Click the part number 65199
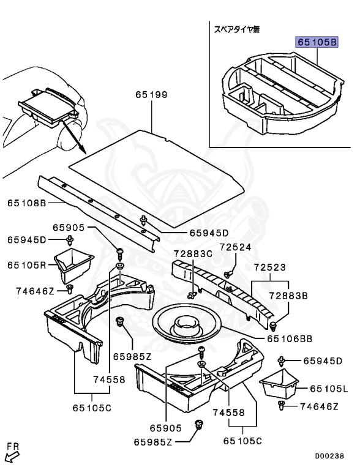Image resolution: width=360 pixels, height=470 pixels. coord(151,95)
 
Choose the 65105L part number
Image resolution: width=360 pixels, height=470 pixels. coord(329,389)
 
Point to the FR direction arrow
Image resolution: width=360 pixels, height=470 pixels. coord(10,453)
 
